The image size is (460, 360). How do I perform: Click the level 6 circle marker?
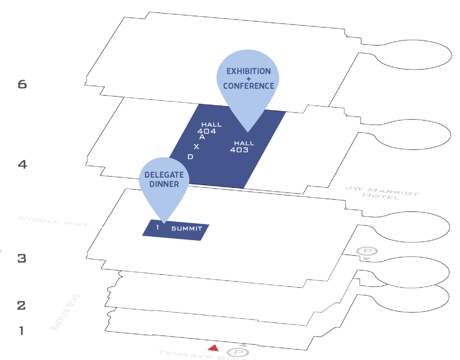(22, 84)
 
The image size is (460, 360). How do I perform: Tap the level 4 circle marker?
(22, 164)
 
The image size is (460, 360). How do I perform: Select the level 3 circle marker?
(22, 258)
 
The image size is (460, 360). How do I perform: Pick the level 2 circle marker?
(22, 305)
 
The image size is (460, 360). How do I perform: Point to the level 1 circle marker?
(22, 330)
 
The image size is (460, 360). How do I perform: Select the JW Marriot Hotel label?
(382, 193)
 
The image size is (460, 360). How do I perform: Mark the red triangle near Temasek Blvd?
(213, 348)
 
